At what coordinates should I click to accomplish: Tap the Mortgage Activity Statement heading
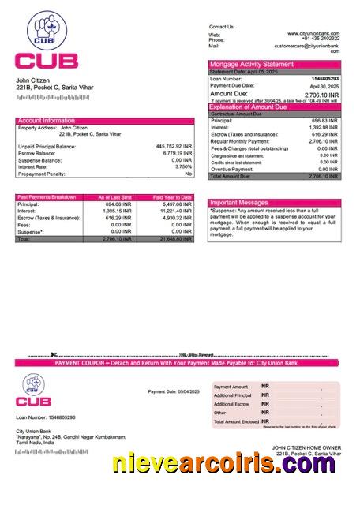251,64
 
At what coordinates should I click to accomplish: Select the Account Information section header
47,121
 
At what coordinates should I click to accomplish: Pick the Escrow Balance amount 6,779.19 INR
176,153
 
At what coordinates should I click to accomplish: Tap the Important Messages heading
239,203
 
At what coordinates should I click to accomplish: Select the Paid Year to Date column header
172,196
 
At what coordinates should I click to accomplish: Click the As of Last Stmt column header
115,196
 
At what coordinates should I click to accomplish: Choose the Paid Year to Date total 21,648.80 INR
173,238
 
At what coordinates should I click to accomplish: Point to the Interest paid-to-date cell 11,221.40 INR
173,211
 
